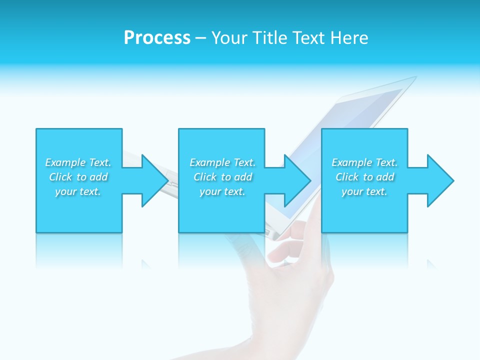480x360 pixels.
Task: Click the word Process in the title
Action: (157, 38)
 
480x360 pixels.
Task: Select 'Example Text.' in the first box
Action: (78, 162)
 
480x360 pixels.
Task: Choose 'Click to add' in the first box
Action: (78, 177)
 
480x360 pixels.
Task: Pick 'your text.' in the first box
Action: (78, 191)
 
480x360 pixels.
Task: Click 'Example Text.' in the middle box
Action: (222, 162)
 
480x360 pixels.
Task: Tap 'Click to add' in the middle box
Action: (223, 177)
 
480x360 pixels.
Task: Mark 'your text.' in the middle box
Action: (222, 191)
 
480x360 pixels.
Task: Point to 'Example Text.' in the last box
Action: (364, 162)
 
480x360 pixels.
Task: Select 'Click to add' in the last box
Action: (365, 177)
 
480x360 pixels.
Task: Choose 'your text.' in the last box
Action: (364, 191)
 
